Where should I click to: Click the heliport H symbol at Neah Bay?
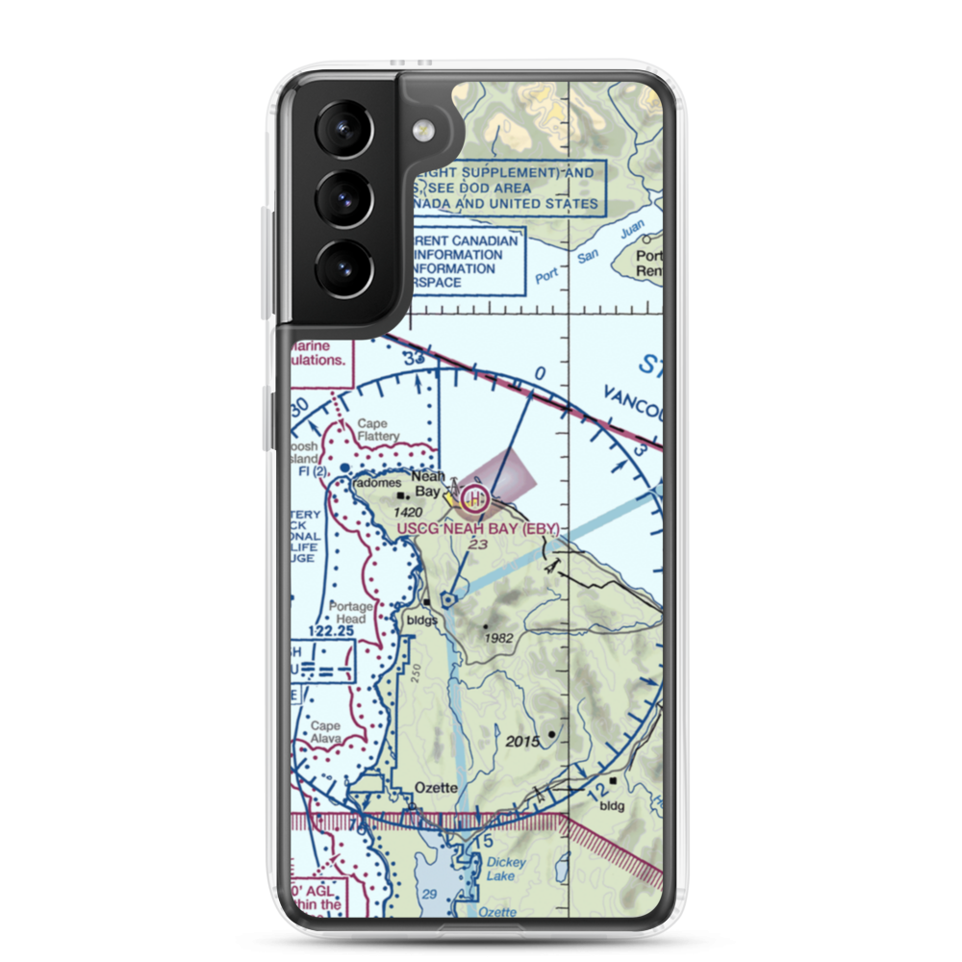[473, 498]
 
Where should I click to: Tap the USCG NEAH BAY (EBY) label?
[477, 530]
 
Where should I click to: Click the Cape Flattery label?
[378, 430]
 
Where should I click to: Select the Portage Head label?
[347, 613]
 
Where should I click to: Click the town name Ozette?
[436, 787]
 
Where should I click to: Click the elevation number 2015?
[524, 743]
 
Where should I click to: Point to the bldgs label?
[422, 620]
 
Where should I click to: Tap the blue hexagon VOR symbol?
[448, 600]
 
